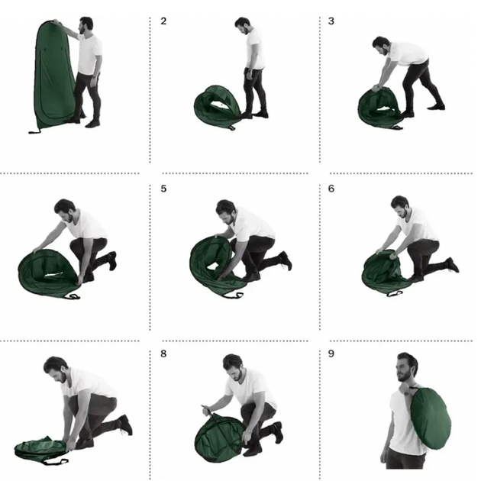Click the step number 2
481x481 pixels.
pyautogui.click(x=163, y=21)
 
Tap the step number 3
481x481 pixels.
pyautogui.click(x=331, y=21)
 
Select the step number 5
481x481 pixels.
pyautogui.click(x=163, y=189)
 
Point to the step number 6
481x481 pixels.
pyautogui.click(x=331, y=189)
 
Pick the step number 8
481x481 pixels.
pyautogui.click(x=163, y=353)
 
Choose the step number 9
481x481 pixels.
pyautogui.click(x=331, y=353)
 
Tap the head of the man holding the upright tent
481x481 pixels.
pyautogui.click(x=86, y=26)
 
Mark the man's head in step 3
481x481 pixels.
pyautogui.click(x=382, y=46)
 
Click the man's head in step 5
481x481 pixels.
pyautogui.click(x=226, y=211)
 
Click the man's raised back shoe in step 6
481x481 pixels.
pyautogui.click(x=453, y=265)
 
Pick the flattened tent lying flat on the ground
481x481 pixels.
pyautogui.click(x=41, y=450)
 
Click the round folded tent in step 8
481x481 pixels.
pyautogui.click(x=218, y=438)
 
